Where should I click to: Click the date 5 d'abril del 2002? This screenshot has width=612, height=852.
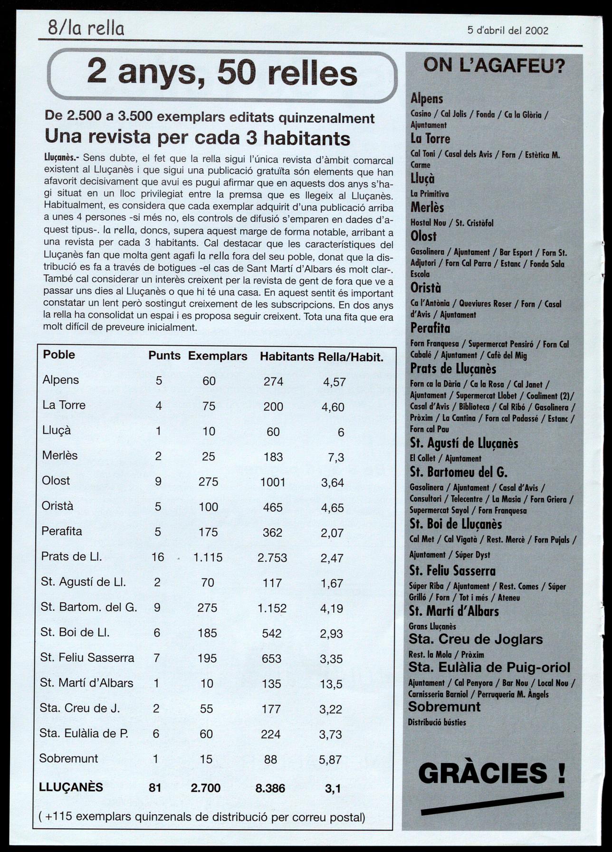click(507, 30)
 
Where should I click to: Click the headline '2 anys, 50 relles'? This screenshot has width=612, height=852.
click(222, 73)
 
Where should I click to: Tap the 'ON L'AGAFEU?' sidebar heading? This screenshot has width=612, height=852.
click(494, 65)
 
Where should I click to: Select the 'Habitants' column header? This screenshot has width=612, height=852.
click(287, 357)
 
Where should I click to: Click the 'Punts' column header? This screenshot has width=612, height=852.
click(164, 356)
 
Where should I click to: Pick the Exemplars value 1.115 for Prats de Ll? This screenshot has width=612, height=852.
click(208, 557)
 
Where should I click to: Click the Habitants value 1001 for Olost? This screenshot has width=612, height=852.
click(273, 482)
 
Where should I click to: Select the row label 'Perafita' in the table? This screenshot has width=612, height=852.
click(62, 531)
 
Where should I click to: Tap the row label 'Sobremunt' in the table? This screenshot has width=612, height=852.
click(68, 758)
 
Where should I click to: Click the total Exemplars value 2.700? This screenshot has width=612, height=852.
click(205, 788)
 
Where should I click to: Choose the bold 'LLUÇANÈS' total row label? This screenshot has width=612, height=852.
click(71, 787)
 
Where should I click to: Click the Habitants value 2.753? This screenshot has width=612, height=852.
click(272, 557)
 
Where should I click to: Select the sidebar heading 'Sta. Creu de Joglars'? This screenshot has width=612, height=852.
click(475, 639)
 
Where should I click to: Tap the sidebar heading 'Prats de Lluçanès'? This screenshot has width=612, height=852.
click(453, 369)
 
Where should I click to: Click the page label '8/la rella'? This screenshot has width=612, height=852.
click(86, 29)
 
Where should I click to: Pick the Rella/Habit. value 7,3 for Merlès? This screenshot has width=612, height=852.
click(336, 457)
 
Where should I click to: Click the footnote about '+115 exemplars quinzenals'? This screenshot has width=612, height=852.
click(202, 817)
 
